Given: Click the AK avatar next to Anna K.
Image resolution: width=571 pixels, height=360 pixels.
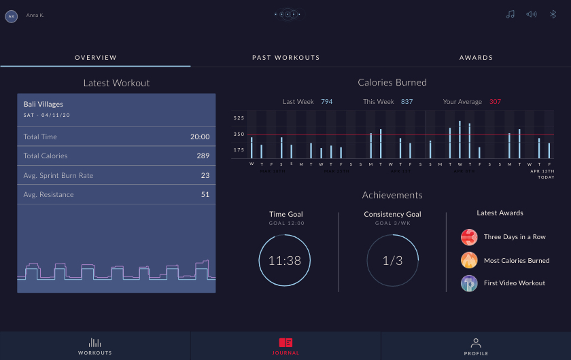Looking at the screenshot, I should [x=11, y=16].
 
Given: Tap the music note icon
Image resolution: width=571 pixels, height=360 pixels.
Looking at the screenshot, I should [x=510, y=14].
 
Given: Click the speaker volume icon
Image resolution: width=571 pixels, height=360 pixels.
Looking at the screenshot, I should [x=532, y=14].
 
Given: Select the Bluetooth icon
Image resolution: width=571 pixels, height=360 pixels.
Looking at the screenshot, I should [x=553, y=14].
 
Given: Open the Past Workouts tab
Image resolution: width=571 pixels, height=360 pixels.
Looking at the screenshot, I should [x=285, y=58].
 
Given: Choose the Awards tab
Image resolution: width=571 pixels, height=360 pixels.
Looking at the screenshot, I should [x=476, y=58].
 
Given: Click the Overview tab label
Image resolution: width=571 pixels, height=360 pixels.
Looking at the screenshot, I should [x=96, y=58].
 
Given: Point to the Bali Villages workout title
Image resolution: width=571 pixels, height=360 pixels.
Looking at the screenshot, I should [x=44, y=105].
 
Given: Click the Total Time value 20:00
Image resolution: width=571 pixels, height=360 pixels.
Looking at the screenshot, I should [x=199, y=137].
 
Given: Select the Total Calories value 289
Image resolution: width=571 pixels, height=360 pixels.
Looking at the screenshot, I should [x=203, y=156].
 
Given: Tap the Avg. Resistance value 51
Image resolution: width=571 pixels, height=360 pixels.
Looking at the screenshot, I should [x=205, y=195].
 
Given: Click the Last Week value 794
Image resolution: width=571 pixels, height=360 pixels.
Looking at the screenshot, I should [x=326, y=102].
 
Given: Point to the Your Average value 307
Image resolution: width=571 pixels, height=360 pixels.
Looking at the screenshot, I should [x=495, y=102].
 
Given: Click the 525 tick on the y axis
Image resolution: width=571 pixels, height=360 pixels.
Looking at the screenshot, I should [x=239, y=118].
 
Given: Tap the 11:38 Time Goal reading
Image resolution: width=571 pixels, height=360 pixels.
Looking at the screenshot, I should [x=285, y=261].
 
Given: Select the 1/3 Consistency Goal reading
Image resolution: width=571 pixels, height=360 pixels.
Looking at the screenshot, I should [x=392, y=261].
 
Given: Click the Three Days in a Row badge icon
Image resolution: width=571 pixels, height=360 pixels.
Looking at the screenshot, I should [x=469, y=237].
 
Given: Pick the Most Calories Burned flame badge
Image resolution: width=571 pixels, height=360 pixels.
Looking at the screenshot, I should [x=469, y=260].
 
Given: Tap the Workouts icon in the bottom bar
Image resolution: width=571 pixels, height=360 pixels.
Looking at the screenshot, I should [x=95, y=343].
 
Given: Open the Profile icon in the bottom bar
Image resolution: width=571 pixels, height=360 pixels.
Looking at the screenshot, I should [x=476, y=343].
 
